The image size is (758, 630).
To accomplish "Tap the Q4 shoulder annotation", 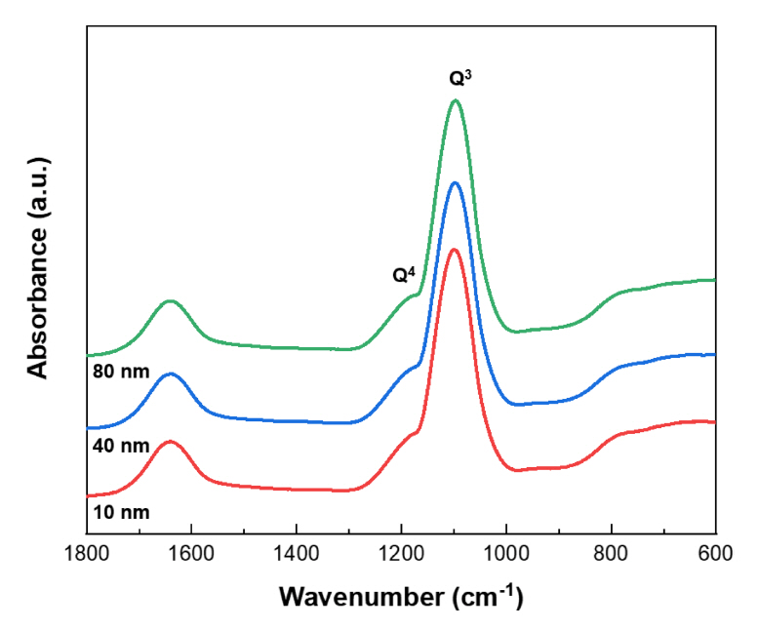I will [405, 275].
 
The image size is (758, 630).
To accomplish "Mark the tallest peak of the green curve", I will [455, 100].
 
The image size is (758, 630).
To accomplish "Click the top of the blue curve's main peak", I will [454, 182].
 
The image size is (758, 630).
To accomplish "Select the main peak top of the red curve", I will [454, 250].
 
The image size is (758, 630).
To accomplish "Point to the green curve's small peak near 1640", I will [171, 300].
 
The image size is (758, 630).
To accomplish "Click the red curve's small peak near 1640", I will [171, 441].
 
